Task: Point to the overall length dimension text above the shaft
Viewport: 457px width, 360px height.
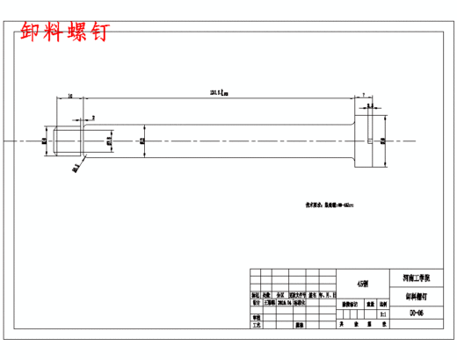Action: pos(217,90)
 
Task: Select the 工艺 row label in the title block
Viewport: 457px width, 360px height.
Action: pos(257,324)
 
